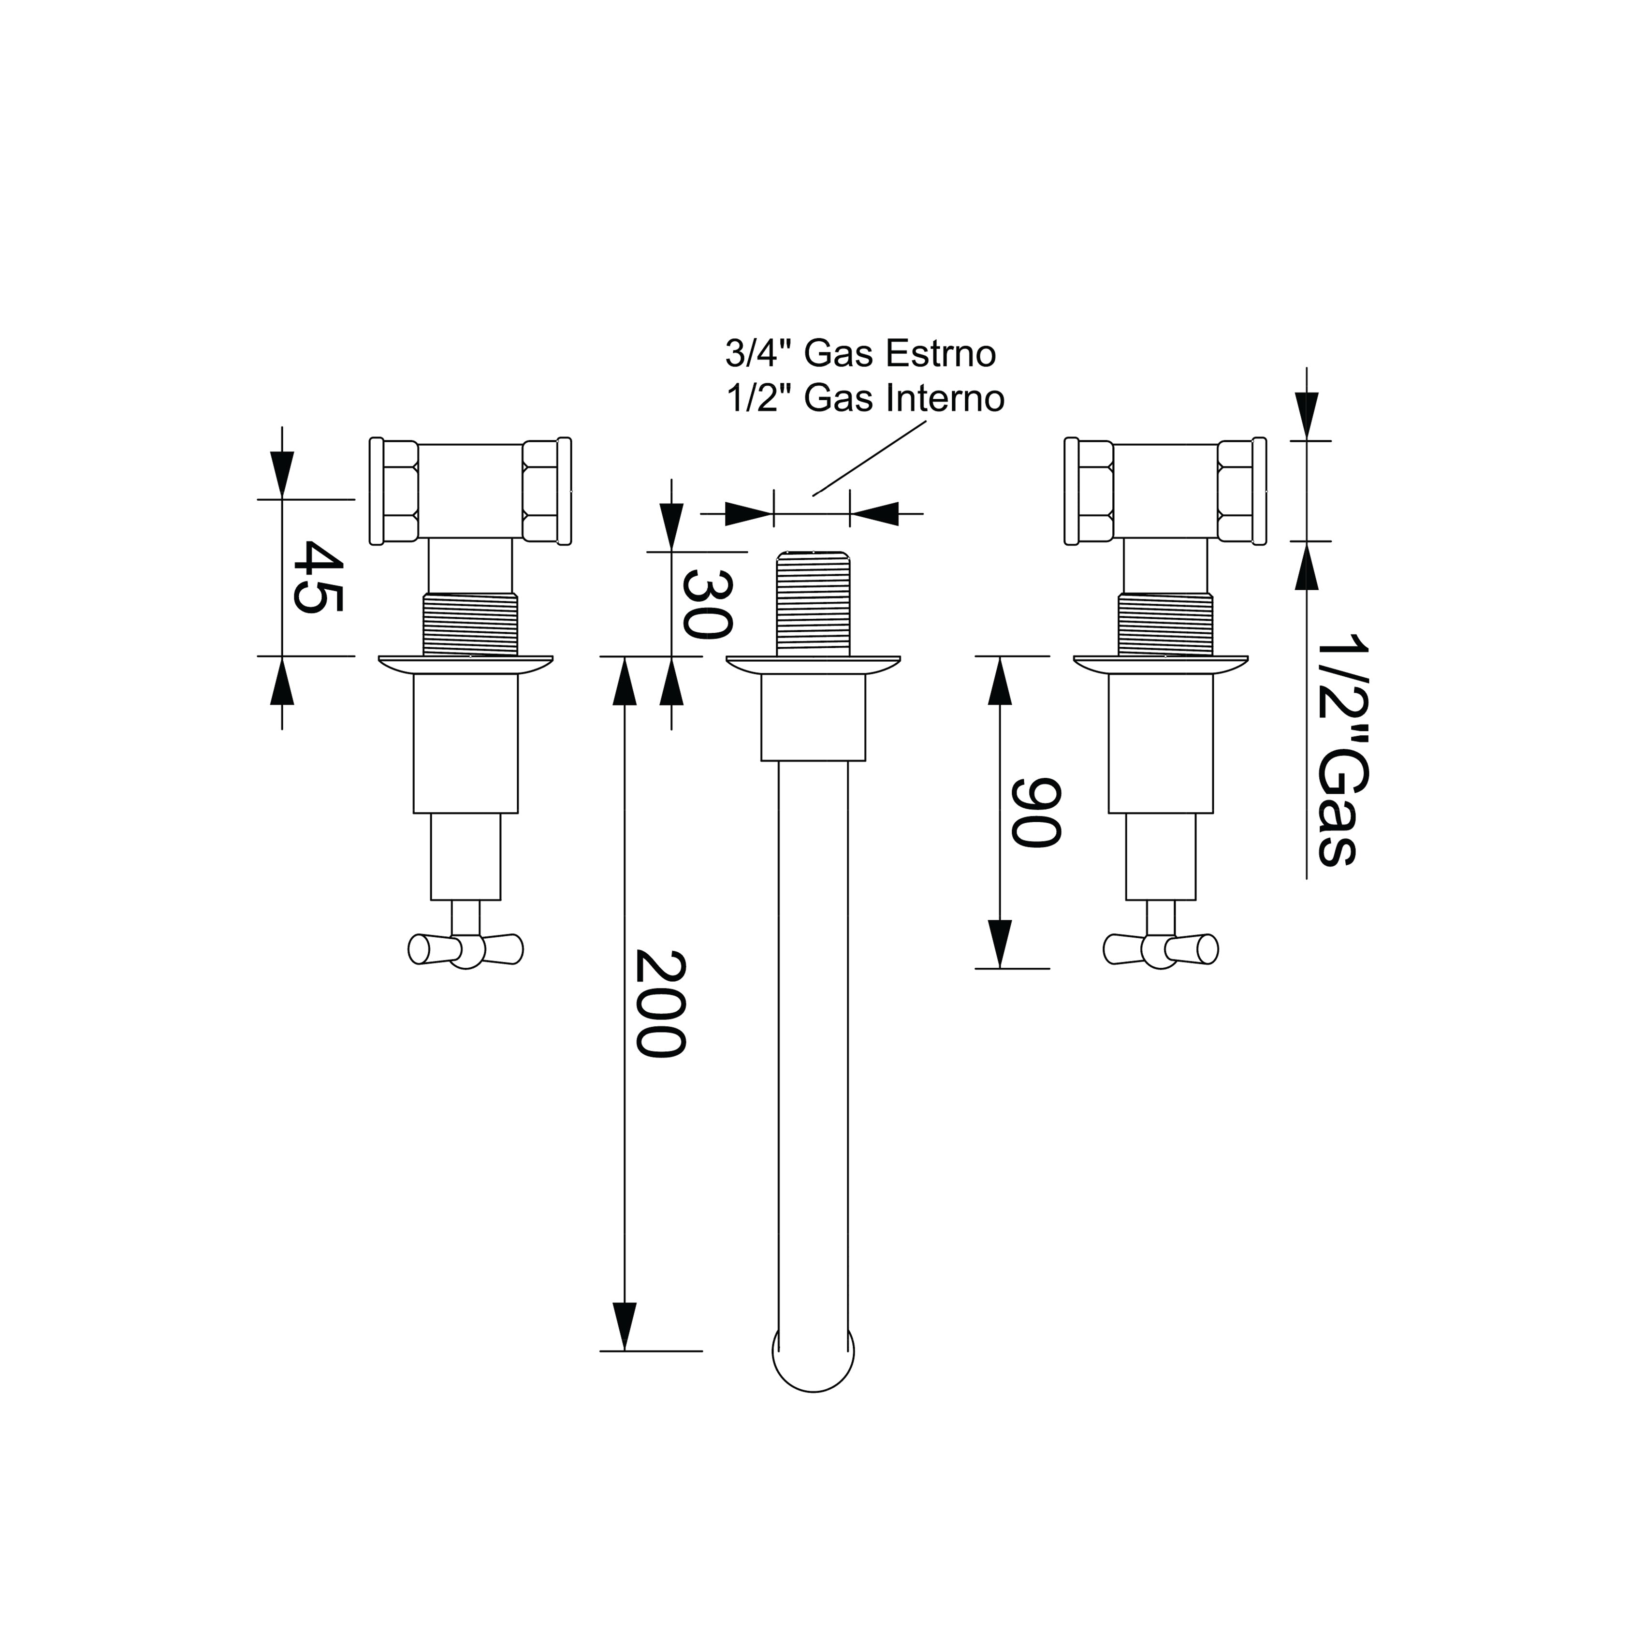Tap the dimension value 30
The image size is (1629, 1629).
point(707,604)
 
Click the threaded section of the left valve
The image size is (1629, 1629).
point(469,625)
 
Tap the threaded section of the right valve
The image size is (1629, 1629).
point(1164,625)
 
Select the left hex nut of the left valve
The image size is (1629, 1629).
point(394,492)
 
